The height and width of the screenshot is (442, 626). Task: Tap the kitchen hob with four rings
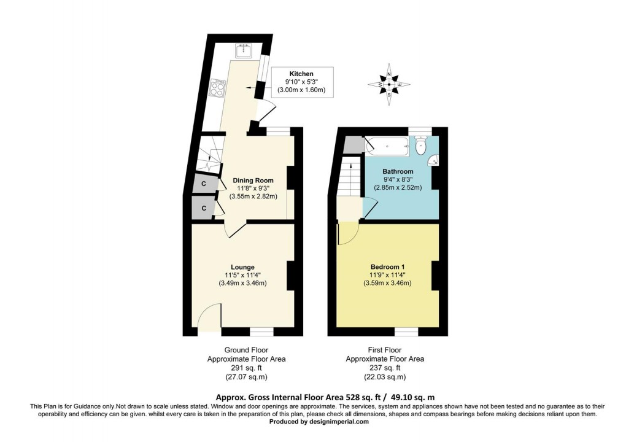(x=217, y=88)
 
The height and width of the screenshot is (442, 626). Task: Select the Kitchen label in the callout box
(x=301, y=74)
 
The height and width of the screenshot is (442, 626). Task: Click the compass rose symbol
(x=390, y=84)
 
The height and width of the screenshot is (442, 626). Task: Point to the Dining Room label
(x=253, y=180)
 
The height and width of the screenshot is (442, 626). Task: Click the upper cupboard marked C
(x=203, y=184)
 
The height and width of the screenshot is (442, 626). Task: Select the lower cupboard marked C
(x=203, y=209)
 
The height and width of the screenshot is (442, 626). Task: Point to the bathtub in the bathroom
(x=387, y=146)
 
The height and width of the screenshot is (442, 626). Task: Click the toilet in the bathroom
(x=421, y=146)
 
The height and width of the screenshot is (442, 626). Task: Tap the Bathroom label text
(x=398, y=171)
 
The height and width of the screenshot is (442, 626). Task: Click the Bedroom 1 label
(x=387, y=267)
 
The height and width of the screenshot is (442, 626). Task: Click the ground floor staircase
(x=209, y=157)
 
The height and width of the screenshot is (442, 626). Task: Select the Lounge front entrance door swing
(x=209, y=316)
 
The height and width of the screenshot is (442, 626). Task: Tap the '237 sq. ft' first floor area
(x=385, y=368)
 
